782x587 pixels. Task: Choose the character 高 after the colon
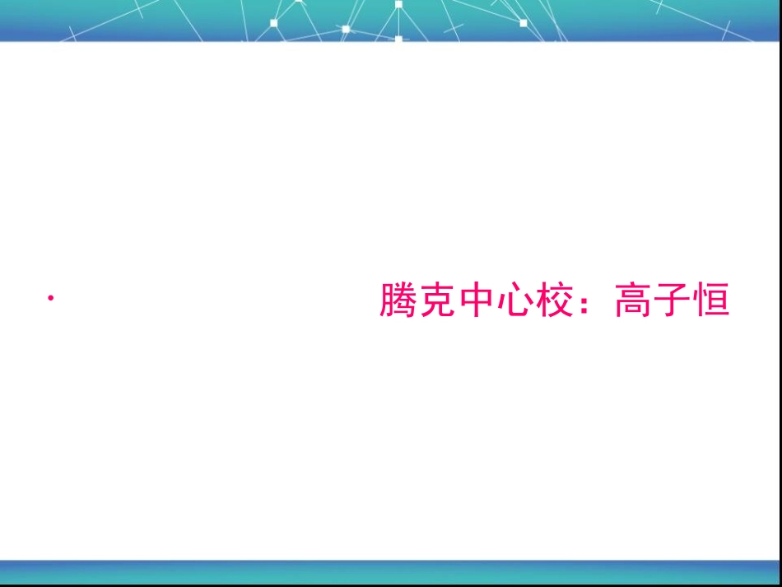[632, 301]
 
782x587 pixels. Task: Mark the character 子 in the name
[671, 301]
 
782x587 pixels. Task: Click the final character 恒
[710, 301]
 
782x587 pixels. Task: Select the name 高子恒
[671, 301]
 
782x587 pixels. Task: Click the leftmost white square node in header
[274, 23]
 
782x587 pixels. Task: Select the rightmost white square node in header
[523, 23]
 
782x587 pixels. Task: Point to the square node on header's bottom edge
[398, 39]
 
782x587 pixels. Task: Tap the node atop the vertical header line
[398, 4]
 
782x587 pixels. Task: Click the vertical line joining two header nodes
[398, 21]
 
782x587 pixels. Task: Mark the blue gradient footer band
[391, 571]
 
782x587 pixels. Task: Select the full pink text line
[554, 301]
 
